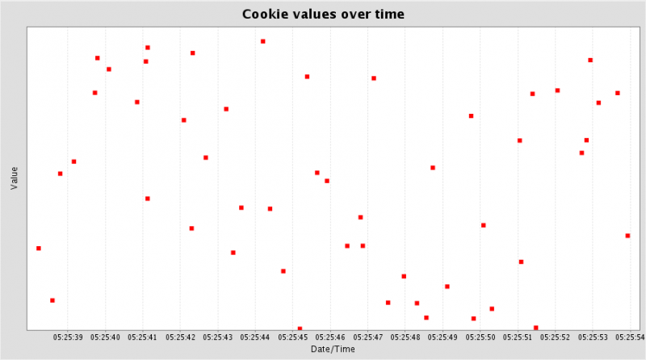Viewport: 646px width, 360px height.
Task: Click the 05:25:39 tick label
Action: pos(68,337)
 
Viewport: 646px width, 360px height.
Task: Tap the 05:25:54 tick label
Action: pos(629,337)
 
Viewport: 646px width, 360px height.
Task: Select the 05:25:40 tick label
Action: pos(105,337)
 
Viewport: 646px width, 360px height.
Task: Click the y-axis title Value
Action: pos(14,178)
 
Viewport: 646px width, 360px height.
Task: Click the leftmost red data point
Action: pos(38,248)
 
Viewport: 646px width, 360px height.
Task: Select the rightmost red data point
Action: pos(627,236)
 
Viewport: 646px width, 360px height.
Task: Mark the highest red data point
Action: pos(262,41)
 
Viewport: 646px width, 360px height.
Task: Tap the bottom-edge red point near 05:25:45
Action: pos(300,329)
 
